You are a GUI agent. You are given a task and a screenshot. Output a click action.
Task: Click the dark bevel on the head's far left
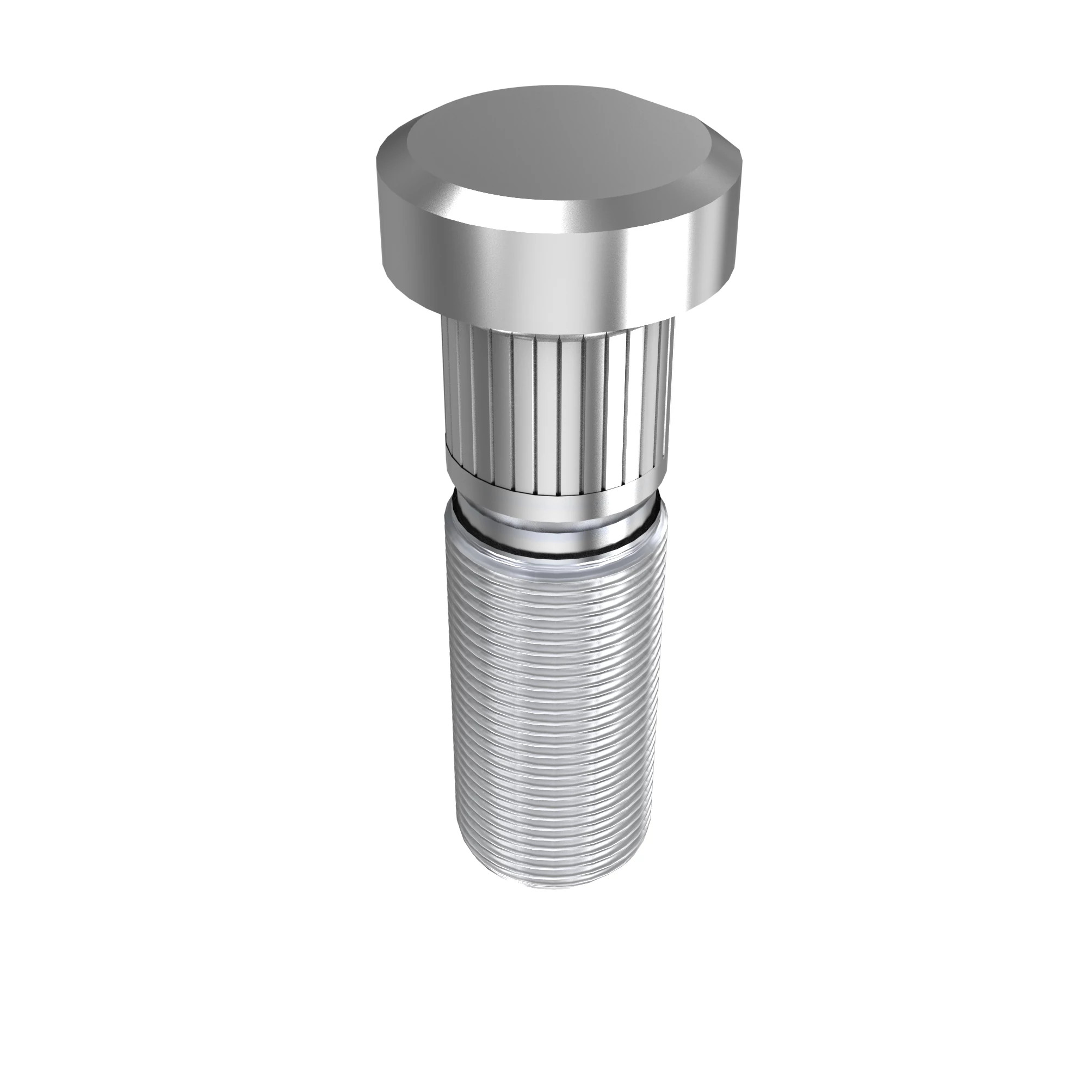click(388, 169)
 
